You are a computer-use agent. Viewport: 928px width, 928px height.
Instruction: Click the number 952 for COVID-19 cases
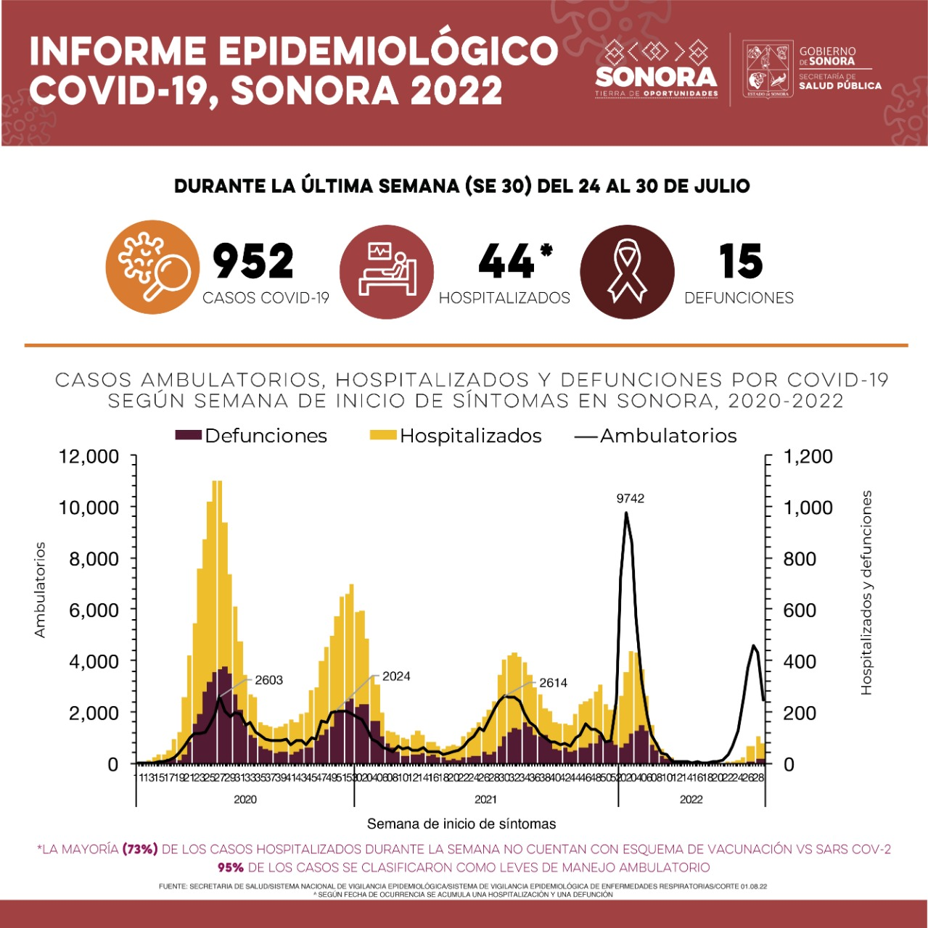tap(252, 261)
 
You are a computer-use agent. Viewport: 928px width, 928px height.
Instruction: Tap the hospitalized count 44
tap(506, 261)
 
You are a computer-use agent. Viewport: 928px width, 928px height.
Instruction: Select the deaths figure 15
tap(740, 261)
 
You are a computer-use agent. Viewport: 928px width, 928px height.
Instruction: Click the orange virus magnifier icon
tap(152, 267)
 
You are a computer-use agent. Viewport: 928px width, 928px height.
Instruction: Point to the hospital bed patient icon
tap(387, 270)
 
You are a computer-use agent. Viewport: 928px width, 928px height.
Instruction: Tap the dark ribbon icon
tap(627, 270)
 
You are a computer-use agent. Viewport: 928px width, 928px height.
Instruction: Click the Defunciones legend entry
tap(251, 436)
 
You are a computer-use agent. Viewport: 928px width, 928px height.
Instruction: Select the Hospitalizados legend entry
tap(456, 436)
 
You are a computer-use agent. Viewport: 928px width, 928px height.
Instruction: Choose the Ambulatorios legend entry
tap(656, 436)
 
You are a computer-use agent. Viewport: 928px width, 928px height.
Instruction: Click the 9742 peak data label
tap(630, 499)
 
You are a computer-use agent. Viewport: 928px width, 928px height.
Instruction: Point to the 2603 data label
tap(268, 680)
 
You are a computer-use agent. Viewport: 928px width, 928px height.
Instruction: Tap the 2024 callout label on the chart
tap(396, 676)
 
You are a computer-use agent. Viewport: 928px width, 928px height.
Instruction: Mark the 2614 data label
tap(553, 683)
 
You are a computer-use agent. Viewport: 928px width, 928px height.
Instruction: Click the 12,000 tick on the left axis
tap(89, 457)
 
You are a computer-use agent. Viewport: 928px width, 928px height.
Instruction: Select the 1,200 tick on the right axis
tap(808, 457)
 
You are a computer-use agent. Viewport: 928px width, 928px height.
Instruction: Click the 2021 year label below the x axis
tap(485, 800)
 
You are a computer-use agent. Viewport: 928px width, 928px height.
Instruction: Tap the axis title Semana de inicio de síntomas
tap(461, 824)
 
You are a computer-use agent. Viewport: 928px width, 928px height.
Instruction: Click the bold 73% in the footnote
tap(140, 849)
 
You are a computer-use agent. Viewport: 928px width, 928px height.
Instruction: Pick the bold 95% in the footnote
tap(231, 867)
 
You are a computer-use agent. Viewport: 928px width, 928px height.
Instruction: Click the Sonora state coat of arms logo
tap(768, 70)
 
